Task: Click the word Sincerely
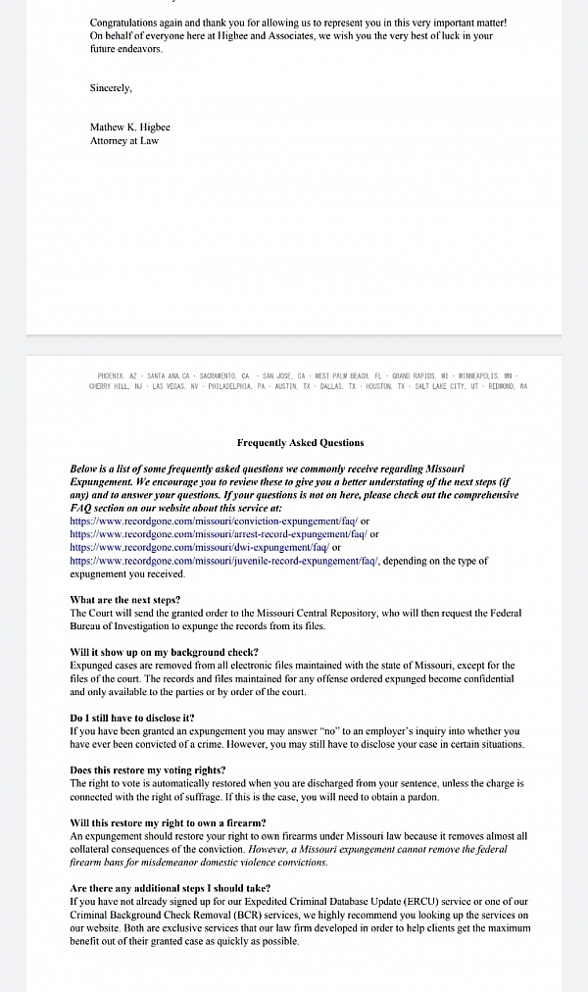[110, 88]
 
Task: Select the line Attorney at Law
[124, 141]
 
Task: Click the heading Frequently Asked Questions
[300, 443]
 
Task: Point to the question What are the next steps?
[125, 600]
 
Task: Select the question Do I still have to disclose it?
[132, 718]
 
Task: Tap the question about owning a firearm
[168, 822]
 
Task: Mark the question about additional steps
[171, 888]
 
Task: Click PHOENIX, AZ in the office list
[119, 375]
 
